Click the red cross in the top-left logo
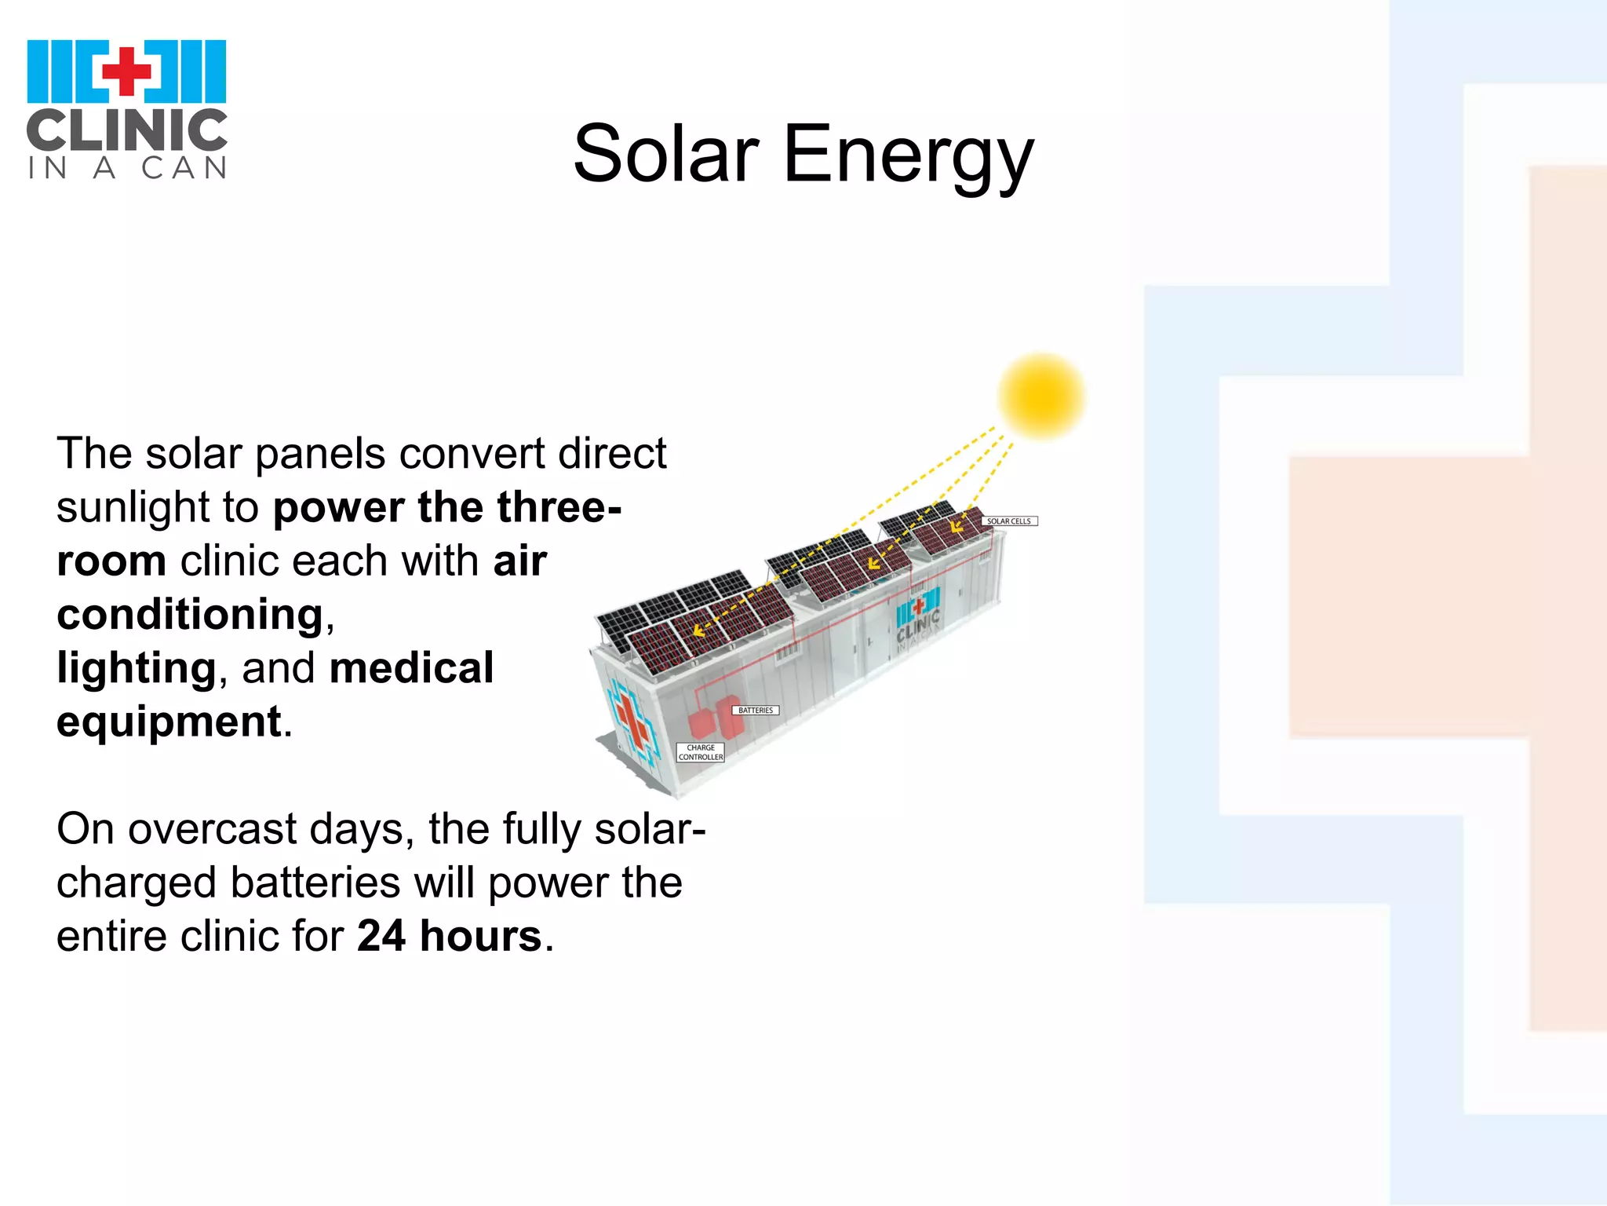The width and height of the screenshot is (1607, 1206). pyautogui.click(x=126, y=71)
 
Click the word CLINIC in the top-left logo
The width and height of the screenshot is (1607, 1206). pyautogui.click(x=126, y=130)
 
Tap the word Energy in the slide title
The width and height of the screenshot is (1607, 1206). pyautogui.click(x=908, y=155)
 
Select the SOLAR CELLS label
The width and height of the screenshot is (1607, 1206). pyautogui.click(x=1009, y=521)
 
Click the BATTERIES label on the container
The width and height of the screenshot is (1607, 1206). pyautogui.click(x=756, y=711)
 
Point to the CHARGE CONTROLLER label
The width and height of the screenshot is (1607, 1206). pyautogui.click(x=701, y=752)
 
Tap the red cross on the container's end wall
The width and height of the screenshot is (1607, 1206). pyautogui.click(x=632, y=722)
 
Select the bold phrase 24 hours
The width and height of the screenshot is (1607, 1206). pyautogui.click(x=449, y=936)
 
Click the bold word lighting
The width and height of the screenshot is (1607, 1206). pyautogui.click(x=136, y=668)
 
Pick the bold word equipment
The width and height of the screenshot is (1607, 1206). pyautogui.click(x=169, y=722)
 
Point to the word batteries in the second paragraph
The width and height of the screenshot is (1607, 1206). pyautogui.click(x=315, y=883)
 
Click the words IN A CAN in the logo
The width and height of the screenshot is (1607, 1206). pyautogui.click(x=126, y=167)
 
